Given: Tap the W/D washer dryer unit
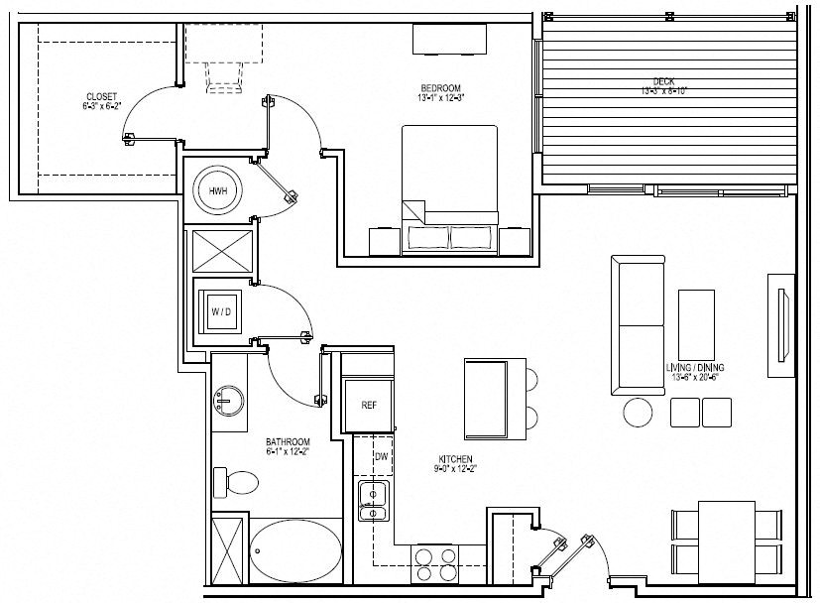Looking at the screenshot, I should click(x=220, y=312).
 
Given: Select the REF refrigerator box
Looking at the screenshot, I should click(x=368, y=405).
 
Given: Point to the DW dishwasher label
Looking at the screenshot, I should click(x=381, y=457).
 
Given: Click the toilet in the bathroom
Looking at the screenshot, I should click(x=238, y=483).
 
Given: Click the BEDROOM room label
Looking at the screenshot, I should click(x=441, y=93).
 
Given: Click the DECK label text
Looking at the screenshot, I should click(x=663, y=85).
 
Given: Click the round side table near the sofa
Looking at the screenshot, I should click(x=639, y=411).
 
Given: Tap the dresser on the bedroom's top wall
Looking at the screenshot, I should click(x=450, y=39).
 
